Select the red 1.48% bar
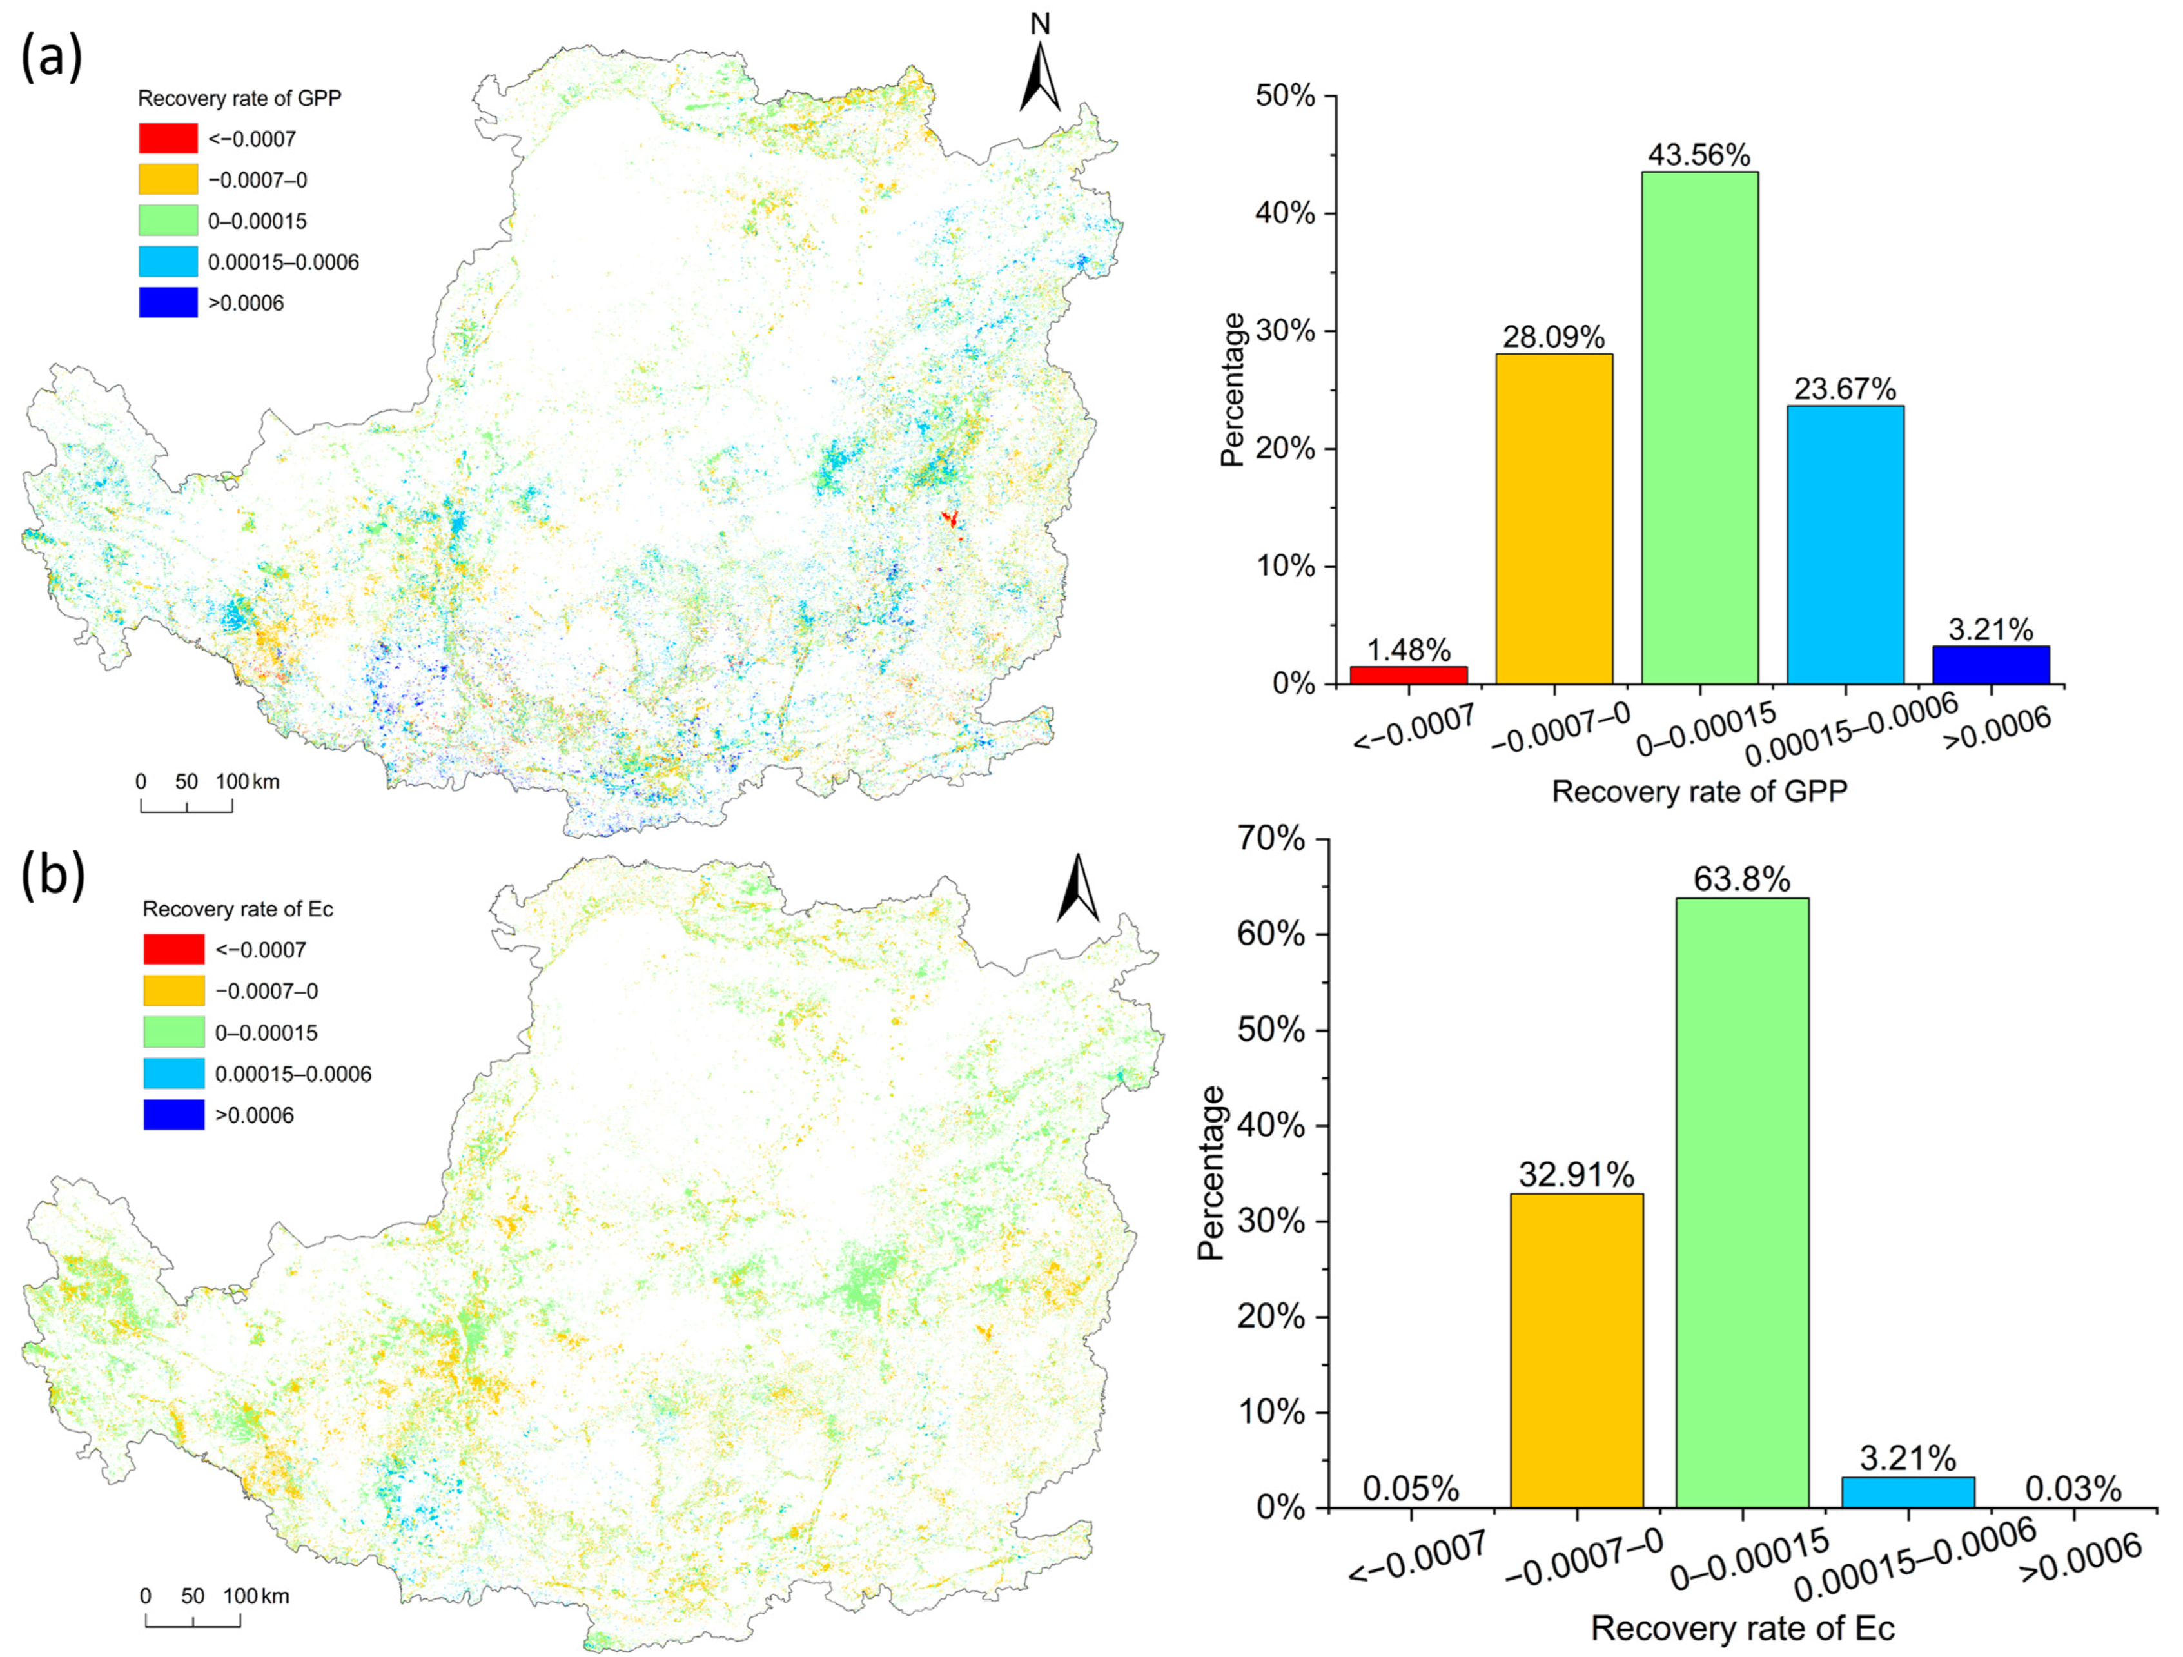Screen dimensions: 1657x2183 [1408, 675]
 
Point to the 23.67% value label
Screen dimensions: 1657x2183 [1845, 388]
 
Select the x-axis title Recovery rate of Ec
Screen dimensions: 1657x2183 [1742, 1627]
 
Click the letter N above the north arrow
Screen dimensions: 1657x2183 [1040, 24]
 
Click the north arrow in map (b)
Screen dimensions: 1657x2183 [1078, 888]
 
